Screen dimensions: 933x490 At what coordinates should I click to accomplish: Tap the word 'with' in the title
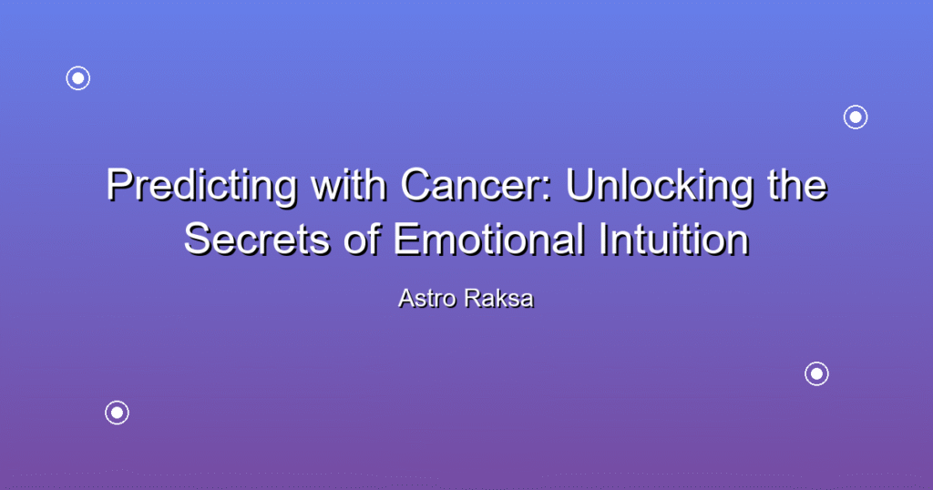[349, 184]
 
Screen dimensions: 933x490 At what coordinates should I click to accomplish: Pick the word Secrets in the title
[256, 240]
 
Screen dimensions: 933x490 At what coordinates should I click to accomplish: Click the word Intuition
[673, 239]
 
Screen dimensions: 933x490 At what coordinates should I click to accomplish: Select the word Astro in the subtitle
[428, 299]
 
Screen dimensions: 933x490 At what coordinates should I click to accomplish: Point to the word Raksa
[499, 299]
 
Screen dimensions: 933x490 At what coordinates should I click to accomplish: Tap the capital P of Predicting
[119, 185]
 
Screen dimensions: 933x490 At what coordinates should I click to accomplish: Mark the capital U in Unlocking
[579, 186]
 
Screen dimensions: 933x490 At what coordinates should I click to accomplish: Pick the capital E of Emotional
[405, 239]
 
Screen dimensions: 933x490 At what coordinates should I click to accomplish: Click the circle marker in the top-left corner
[78, 78]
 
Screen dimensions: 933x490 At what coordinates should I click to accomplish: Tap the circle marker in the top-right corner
[856, 117]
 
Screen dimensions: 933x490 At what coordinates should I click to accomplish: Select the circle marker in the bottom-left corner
[118, 413]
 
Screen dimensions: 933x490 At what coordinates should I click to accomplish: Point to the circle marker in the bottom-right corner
[817, 374]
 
